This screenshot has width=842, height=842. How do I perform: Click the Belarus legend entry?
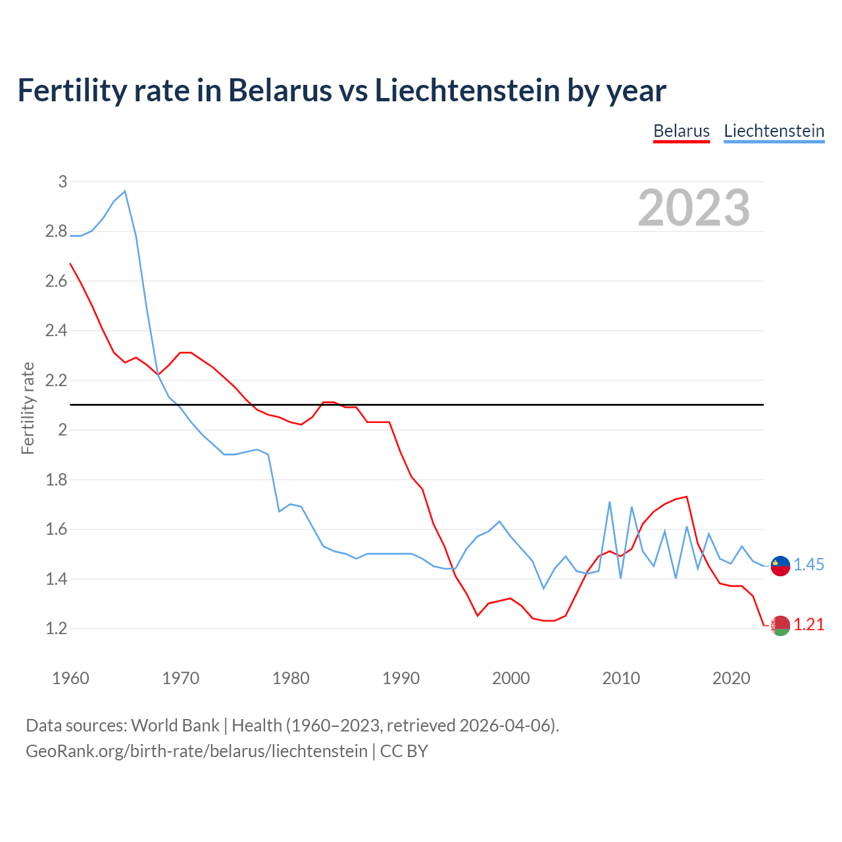pos(681,131)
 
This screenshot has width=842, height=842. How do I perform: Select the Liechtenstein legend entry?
pos(774,131)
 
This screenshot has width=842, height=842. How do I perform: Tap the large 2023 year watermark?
pos(693,208)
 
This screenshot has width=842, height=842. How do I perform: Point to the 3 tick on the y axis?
pos(62,182)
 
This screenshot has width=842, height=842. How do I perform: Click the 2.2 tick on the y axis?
pos(56,380)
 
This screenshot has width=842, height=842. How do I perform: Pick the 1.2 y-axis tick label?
pos(56,628)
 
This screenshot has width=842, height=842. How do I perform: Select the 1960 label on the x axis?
pos(70,678)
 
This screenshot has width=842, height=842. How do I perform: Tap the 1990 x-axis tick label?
pos(401,678)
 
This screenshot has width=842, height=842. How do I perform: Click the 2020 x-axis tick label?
pos(731,678)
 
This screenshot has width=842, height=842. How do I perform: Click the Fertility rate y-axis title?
pos(28,408)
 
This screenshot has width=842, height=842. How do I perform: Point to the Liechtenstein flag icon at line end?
pos(780,565)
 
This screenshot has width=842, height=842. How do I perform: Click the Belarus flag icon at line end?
pos(780,626)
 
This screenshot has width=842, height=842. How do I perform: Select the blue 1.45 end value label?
pos(808,564)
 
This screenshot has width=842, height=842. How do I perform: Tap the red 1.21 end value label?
pos(808,624)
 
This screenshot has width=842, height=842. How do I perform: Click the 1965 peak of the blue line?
pos(125,191)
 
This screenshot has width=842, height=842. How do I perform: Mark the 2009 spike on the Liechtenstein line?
pos(610,502)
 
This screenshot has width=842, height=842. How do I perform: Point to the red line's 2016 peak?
pos(687,497)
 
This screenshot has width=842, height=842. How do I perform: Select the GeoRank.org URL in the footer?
pos(196,751)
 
